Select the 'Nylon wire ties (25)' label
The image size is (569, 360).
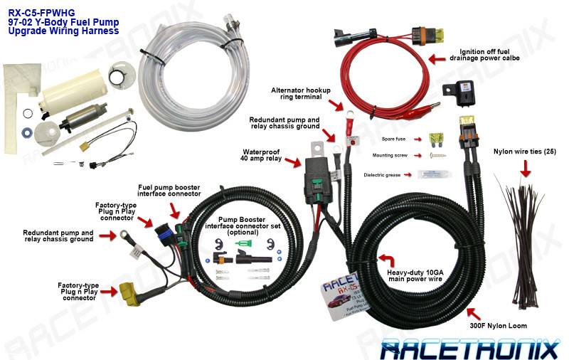pos(524,152)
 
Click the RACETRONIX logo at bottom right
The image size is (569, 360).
pos(469,348)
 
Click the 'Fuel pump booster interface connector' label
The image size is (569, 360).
pos(169,190)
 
